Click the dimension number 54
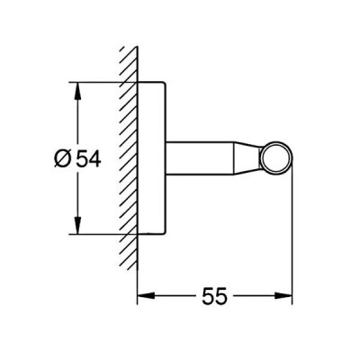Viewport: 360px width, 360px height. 88,158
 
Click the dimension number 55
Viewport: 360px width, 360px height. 214,296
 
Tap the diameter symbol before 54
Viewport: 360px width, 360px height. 63,158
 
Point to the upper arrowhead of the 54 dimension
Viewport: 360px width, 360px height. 77,91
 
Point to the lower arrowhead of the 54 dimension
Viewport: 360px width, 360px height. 77,225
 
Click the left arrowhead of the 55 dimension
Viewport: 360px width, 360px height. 146,295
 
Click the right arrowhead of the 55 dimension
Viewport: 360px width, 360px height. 283,295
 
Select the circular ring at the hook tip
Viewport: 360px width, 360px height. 276,145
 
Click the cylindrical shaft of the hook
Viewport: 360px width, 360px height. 200,157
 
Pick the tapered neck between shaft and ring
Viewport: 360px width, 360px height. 247,157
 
